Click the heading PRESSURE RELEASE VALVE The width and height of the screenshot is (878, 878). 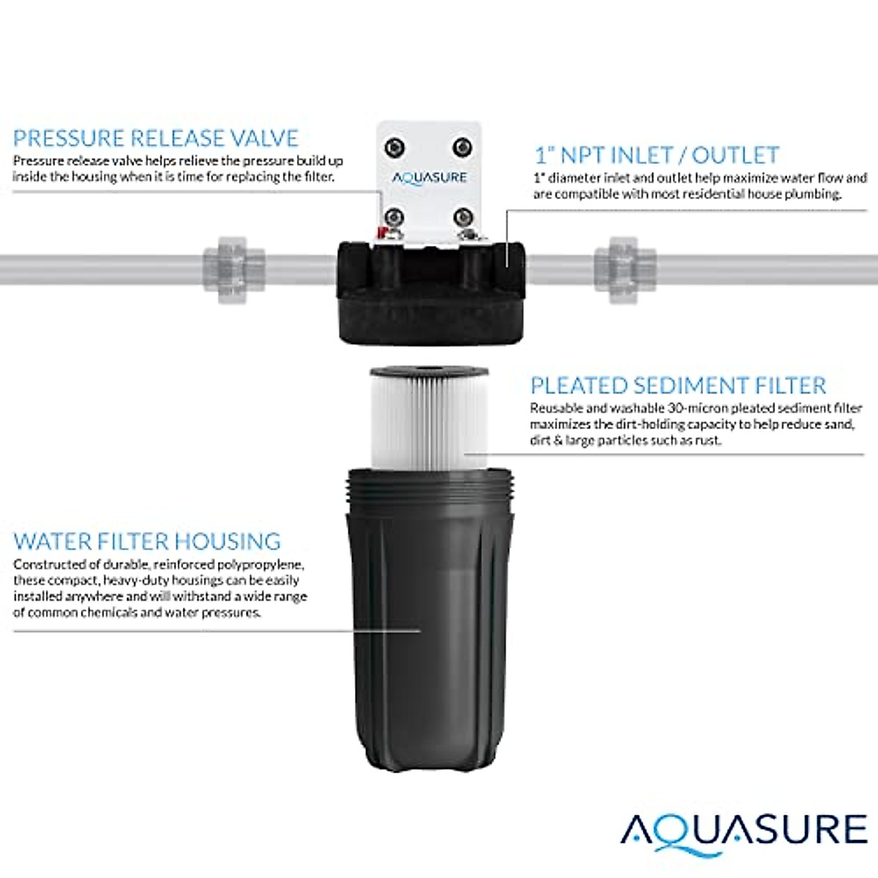point(156,138)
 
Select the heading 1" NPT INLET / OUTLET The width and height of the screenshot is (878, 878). point(656,155)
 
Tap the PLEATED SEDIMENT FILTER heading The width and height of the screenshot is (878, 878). point(678,386)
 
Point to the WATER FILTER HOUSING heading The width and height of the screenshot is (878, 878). point(147,541)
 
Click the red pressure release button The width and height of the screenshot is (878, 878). point(379,232)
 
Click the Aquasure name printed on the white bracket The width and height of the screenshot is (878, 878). point(429,177)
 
